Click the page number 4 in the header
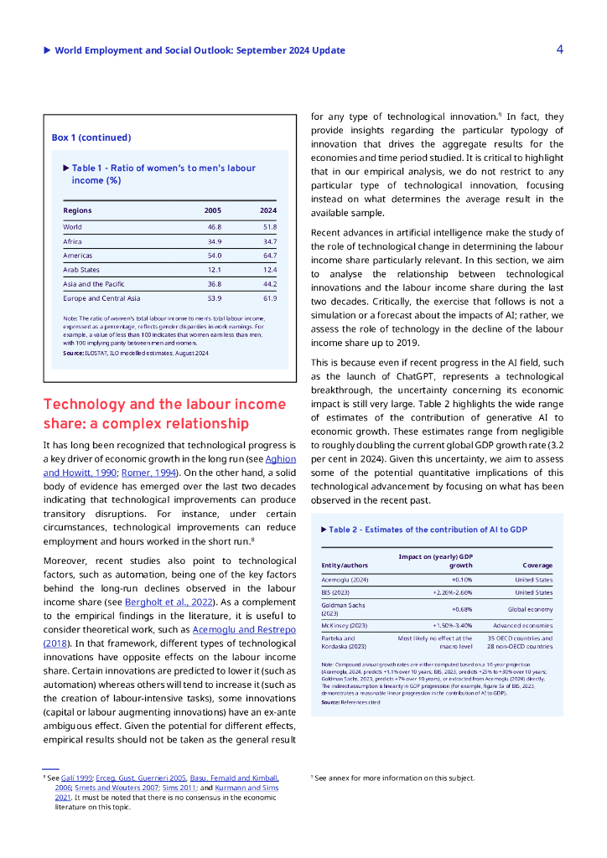click(x=559, y=49)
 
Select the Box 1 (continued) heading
click(x=91, y=137)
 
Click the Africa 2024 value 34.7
click(x=269, y=241)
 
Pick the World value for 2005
click(x=214, y=227)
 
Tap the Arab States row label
click(x=81, y=270)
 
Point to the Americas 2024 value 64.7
click(x=269, y=256)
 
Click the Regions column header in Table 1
click(x=78, y=210)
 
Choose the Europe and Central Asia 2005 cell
click(x=214, y=298)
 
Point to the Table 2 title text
click(x=428, y=530)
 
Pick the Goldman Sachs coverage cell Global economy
click(x=530, y=610)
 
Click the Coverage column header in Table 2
click(x=537, y=566)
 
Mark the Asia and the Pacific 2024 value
click(x=269, y=284)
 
